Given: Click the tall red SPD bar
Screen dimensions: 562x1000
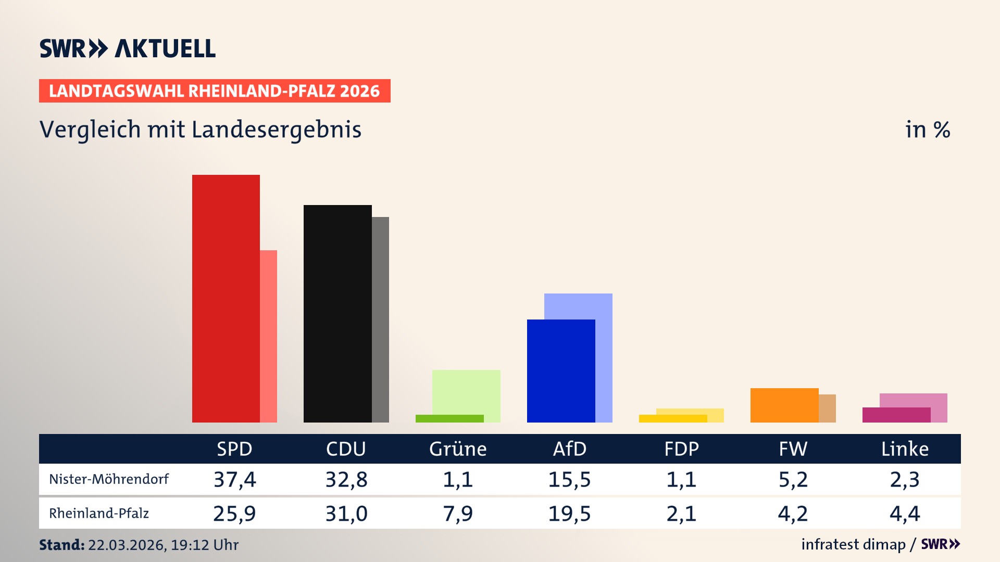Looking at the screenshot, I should [226, 298].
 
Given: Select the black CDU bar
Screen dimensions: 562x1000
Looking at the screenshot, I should [337, 313].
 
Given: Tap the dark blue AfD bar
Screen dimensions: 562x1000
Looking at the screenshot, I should [561, 371].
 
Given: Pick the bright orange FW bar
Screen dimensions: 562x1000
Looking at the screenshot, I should [784, 405].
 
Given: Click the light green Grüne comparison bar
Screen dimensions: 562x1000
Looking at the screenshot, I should [466, 391].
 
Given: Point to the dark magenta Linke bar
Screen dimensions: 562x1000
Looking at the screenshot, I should [896, 415].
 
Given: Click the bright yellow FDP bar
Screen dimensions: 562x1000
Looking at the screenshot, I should [672, 418].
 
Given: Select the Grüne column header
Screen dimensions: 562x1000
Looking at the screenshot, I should [457, 449].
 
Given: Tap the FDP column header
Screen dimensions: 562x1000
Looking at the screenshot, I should [681, 449].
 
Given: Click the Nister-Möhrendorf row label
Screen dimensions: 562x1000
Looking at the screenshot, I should [109, 479].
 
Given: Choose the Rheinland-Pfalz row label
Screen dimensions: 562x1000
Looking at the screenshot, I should [99, 514].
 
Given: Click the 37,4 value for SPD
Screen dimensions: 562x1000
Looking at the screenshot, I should [234, 479].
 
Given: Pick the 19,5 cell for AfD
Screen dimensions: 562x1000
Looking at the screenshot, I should [569, 514].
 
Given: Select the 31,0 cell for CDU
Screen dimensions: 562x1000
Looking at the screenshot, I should [346, 514].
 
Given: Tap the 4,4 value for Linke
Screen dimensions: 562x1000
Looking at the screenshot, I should [905, 514].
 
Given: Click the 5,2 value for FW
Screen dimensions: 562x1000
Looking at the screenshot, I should [793, 479].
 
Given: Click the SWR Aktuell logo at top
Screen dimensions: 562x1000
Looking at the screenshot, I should [128, 48].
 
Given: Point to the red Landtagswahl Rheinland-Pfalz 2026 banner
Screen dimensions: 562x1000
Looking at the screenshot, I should [215, 91].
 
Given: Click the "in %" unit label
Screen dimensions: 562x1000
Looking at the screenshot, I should [927, 130].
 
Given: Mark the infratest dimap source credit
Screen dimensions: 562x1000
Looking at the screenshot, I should [853, 544].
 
